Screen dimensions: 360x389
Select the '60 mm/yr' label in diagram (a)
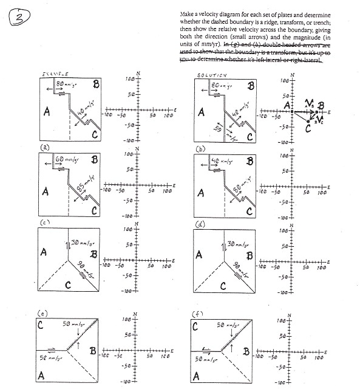pyautogui.click(x=67, y=160)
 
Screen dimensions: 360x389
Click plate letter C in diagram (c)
pyautogui.click(x=68, y=284)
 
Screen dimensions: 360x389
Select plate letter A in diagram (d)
pyautogui.click(x=199, y=255)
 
